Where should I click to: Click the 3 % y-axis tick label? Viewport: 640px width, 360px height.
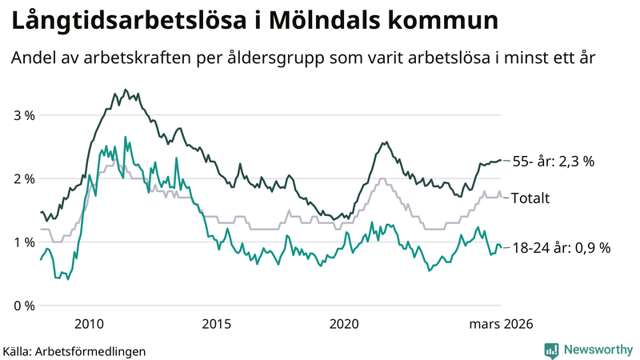(x=23, y=115)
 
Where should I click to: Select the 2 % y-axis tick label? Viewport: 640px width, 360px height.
(x=23, y=178)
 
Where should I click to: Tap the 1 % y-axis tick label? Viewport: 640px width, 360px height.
(x=23, y=242)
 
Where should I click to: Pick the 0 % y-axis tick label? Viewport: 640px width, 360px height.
(x=23, y=306)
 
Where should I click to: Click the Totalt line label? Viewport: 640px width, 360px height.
(x=530, y=198)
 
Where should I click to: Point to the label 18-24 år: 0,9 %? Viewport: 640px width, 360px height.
(x=561, y=248)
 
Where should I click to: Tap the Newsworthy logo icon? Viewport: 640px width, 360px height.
(x=551, y=350)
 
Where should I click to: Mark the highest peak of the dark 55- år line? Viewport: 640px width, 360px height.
(x=126, y=90)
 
